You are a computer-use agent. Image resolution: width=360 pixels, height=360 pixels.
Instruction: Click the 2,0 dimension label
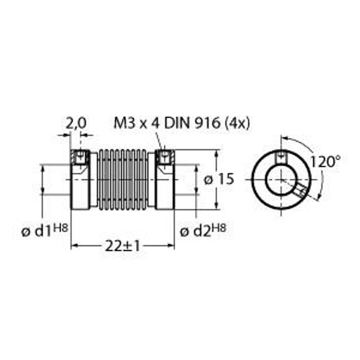pyautogui.click(x=76, y=123)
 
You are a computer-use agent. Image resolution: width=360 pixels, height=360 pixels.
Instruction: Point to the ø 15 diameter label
pyautogui.click(x=218, y=179)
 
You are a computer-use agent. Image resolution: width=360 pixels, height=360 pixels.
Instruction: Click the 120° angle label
pyautogui.click(x=325, y=161)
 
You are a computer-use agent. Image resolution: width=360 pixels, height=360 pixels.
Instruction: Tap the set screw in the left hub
pyautogui.click(x=79, y=158)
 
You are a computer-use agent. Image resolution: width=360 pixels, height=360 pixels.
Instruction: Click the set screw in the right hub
pyautogui.click(x=163, y=158)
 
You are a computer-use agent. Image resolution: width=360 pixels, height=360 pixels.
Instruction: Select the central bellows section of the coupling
pyautogui.click(x=122, y=179)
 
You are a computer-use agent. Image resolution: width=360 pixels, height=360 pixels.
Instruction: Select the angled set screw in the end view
pyautogui.click(x=300, y=191)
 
